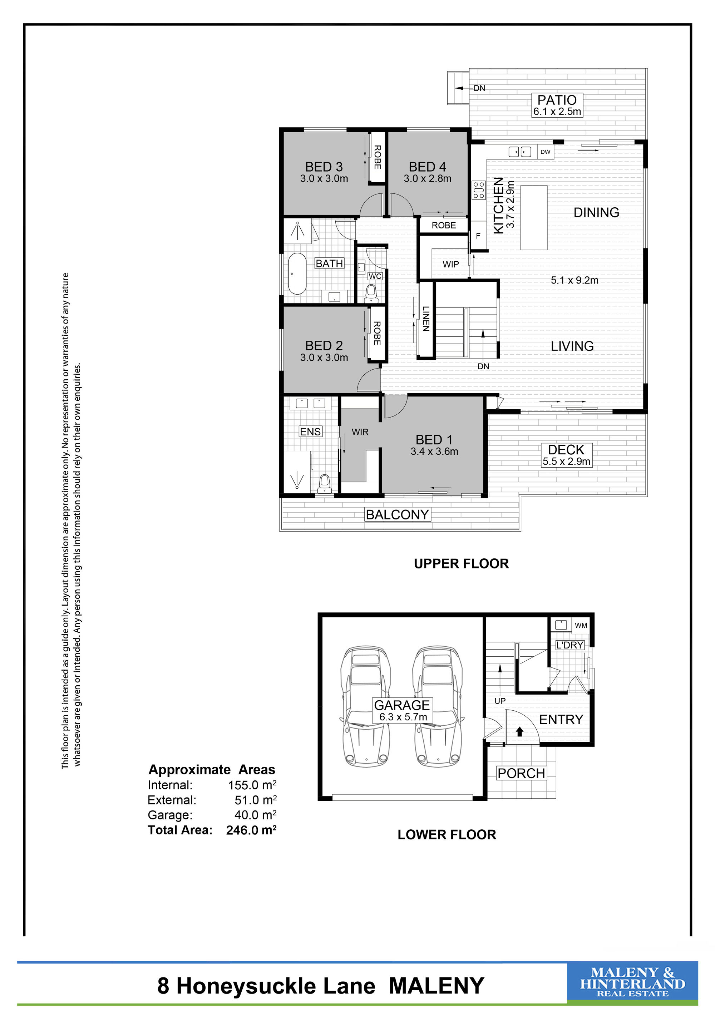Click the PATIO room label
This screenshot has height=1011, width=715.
pyautogui.click(x=557, y=100)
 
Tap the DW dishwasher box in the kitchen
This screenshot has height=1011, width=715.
pyautogui.click(x=545, y=152)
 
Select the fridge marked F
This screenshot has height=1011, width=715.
pyautogui.click(x=478, y=236)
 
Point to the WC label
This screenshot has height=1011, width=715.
pyautogui.click(x=375, y=276)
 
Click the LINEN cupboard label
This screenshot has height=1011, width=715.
pyautogui.click(x=426, y=319)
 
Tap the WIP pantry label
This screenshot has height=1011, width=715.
pyautogui.click(x=451, y=264)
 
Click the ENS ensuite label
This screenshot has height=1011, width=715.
pyautogui.click(x=310, y=431)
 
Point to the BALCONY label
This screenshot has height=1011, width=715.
pyautogui.click(x=397, y=514)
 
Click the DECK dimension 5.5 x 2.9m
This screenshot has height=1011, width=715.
pyautogui.click(x=566, y=462)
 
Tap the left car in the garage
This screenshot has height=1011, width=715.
pyautogui.click(x=365, y=706)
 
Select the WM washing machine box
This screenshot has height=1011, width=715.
pyautogui.click(x=581, y=625)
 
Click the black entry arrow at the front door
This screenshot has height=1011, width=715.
pyautogui.click(x=519, y=731)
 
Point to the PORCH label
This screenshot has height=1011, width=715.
pyautogui.click(x=521, y=773)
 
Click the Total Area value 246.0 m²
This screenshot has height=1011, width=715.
pyautogui.click(x=251, y=830)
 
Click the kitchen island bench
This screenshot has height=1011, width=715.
pyautogui.click(x=534, y=217)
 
